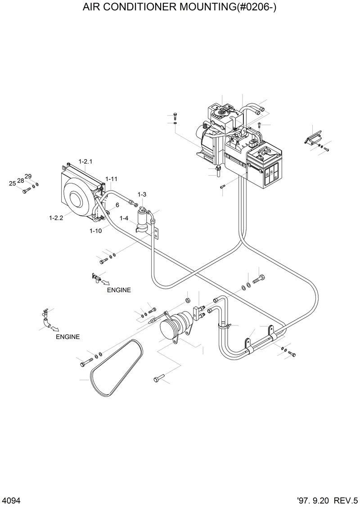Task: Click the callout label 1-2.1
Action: click(85, 161)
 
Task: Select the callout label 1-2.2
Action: click(56, 218)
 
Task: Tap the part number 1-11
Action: click(111, 179)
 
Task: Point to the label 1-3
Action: click(142, 194)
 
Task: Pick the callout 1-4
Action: click(124, 218)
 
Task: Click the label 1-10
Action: click(95, 231)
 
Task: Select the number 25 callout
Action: click(12, 183)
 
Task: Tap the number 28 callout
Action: click(20, 180)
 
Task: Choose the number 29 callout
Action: click(28, 176)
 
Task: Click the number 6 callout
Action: click(117, 205)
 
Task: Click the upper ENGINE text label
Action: click(119, 290)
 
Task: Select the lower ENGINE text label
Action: click(67, 337)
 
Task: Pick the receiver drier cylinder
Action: click(142, 219)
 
